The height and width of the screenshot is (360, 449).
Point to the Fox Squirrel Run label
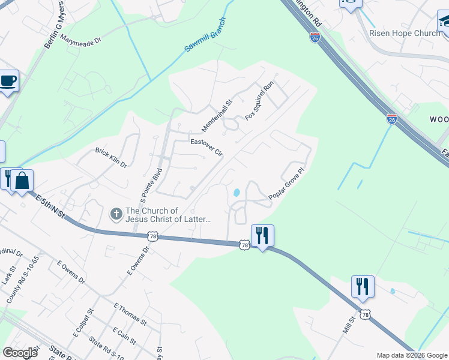[259, 100]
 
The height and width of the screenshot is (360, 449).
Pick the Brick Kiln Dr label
[111, 157]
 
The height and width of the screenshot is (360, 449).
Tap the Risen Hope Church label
[405, 33]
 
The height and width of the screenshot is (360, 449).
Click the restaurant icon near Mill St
[363, 286]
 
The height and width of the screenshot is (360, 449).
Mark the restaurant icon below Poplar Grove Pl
[262, 235]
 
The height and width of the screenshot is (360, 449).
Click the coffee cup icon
[8, 81]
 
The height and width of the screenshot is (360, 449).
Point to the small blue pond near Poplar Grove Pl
[237, 193]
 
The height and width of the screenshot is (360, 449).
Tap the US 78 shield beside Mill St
[365, 314]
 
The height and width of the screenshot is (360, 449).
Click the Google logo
[20, 352]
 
